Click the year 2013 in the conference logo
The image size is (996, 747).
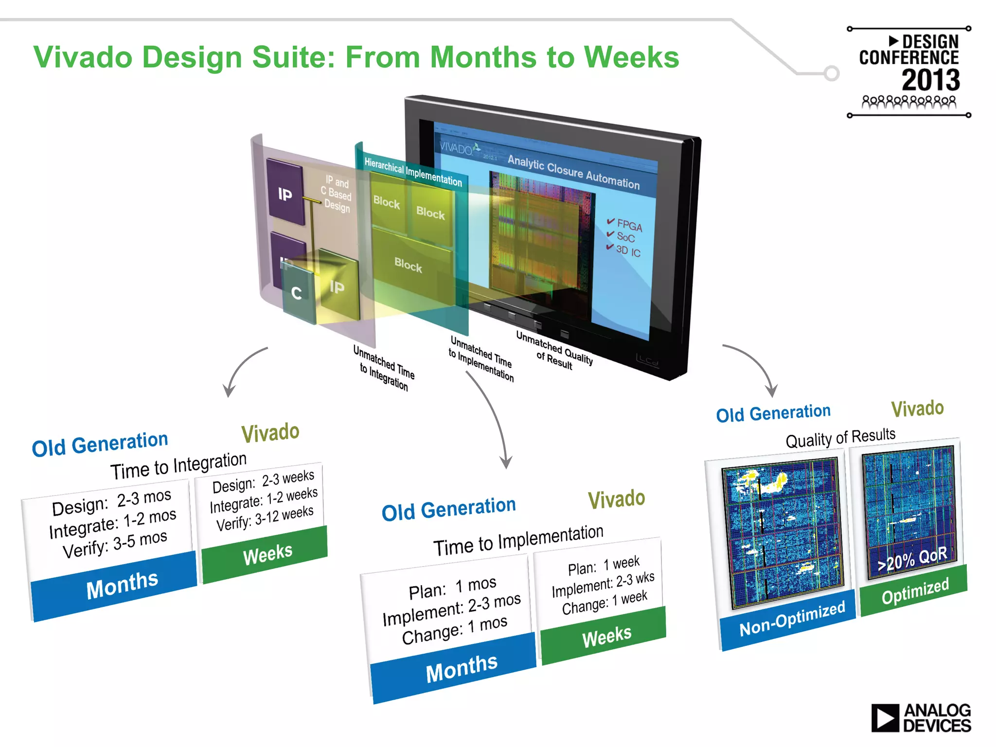tap(930, 80)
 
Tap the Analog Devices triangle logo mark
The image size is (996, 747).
tap(884, 718)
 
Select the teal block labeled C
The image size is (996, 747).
tap(297, 293)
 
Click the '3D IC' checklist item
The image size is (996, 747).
tap(627, 250)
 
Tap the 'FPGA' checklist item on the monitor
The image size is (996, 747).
tap(629, 225)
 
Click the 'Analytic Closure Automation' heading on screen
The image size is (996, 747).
tap(573, 172)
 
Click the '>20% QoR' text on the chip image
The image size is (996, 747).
tap(912, 559)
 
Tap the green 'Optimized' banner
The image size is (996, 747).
tap(914, 590)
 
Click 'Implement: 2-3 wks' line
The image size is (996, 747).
tap(603, 584)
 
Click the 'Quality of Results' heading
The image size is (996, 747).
tap(840, 437)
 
